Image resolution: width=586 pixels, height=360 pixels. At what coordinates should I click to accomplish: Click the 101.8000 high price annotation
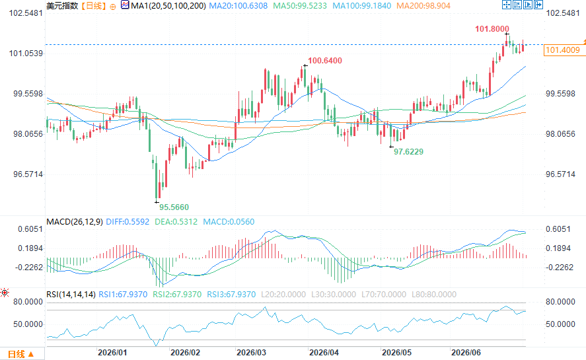point(492,29)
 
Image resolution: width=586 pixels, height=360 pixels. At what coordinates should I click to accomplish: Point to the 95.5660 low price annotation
point(174,207)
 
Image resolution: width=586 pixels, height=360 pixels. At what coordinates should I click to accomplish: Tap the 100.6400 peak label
point(325,61)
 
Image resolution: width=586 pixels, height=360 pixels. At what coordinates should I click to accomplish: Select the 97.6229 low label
point(408,152)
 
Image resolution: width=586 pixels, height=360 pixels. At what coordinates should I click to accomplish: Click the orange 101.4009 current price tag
point(563,50)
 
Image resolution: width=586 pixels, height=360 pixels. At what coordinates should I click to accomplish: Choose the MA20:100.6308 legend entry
point(238,6)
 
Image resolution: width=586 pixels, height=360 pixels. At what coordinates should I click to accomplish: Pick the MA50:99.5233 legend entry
point(300,6)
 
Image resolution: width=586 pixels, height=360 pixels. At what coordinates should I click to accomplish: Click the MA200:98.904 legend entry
point(423,6)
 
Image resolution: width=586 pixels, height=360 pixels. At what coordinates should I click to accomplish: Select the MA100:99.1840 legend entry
point(362,6)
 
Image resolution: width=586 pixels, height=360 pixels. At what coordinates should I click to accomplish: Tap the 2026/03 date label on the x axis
point(251,353)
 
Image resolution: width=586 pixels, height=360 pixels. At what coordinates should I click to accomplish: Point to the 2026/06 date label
point(466,353)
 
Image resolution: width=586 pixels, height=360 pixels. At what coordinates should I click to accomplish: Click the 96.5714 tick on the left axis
point(28,174)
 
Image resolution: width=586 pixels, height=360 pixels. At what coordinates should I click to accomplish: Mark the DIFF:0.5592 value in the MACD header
point(128,222)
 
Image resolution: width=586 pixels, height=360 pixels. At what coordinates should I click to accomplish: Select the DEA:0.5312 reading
point(176,222)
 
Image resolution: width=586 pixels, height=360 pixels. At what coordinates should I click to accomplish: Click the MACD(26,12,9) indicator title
point(75,222)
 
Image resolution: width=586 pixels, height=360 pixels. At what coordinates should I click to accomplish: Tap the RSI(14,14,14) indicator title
point(71,295)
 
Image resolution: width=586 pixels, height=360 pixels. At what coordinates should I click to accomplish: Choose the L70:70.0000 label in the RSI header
point(384,295)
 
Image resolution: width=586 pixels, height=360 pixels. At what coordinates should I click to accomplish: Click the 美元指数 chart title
point(62,6)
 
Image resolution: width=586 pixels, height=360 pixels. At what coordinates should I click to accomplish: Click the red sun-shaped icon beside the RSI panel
point(5,293)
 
